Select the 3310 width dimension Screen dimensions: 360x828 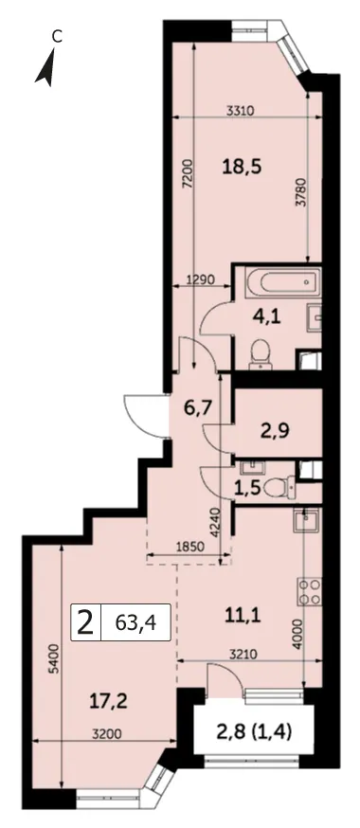pos(241,111)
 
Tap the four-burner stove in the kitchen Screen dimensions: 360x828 pos(308,592)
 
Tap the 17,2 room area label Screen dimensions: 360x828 pos(110,701)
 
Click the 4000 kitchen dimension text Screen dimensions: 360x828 pos(298,635)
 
